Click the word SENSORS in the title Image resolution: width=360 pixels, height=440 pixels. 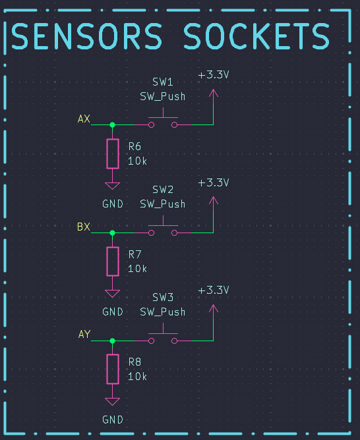[87, 36]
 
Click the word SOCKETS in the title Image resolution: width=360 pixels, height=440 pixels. [256, 36]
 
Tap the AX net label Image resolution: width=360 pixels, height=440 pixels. [84, 119]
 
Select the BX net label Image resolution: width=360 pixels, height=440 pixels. [84, 227]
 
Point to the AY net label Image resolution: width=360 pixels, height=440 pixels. [84, 334]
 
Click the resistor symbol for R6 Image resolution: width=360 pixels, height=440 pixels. [113, 153]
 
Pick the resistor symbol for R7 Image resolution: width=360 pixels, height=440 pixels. [113, 261]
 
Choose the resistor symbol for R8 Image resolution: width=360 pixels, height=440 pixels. [113, 369]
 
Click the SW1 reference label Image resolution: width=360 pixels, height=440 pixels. [163, 82]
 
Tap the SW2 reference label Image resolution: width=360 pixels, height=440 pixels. [163, 190]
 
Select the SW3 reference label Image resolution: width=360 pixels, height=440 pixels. [163, 298]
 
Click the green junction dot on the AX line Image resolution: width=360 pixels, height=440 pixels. [112, 124]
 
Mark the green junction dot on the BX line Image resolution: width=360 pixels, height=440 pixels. [112, 233]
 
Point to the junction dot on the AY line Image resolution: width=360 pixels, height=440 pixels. [112, 341]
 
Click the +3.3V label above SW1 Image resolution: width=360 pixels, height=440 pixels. [214, 75]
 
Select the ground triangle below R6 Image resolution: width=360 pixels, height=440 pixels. [112, 186]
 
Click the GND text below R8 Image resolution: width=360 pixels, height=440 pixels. [113, 420]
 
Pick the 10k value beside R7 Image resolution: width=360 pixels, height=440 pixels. [137, 269]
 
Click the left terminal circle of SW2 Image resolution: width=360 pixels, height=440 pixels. [152, 233]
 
